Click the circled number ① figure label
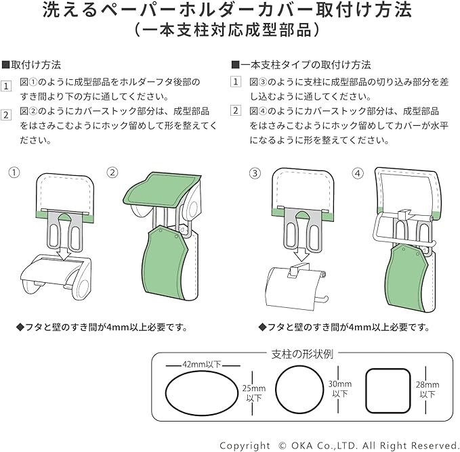pos(13,173)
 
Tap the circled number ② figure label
pos(112,173)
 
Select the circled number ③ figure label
pos(255,173)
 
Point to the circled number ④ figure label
pos(358,173)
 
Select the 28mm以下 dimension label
pos(427,390)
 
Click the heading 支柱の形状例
pos(301,353)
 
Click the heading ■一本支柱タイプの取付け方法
pos(301,65)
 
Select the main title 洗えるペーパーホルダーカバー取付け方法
pos(229,11)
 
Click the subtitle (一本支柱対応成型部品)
pos(229,32)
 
